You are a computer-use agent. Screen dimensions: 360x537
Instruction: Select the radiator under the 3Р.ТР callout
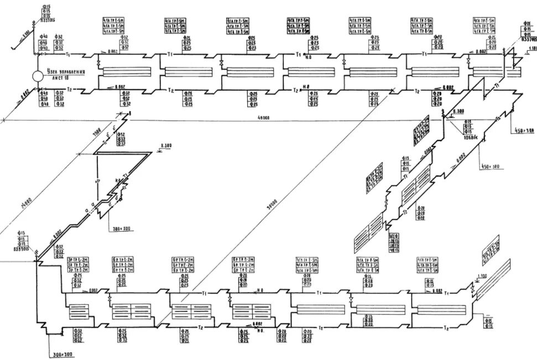click(78, 312)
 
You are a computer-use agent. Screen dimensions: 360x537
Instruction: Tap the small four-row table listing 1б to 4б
click(395, 243)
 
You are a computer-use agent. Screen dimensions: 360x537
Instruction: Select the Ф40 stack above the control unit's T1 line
click(45, 43)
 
